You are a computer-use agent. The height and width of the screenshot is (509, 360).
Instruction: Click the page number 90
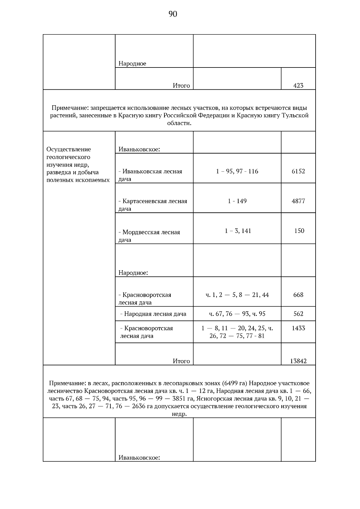tap(173, 14)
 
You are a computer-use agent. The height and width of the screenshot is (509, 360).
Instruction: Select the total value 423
tap(298, 85)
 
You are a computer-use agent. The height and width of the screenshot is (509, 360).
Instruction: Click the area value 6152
tap(298, 171)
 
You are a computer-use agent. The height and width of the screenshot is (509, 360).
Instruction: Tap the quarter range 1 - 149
tap(237, 201)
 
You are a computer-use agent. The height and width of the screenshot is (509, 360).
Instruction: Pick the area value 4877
tap(298, 201)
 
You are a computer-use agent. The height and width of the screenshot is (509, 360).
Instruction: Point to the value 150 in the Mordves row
tap(299, 231)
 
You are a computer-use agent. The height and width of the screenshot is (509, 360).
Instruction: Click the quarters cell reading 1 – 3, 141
tap(238, 231)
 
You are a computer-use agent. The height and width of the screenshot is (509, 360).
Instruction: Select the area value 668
tap(298, 295)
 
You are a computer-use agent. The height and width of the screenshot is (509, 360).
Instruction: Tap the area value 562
tap(298, 314)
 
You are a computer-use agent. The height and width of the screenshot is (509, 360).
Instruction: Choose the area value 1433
tap(298, 328)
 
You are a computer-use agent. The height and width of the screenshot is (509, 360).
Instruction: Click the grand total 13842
tap(298, 361)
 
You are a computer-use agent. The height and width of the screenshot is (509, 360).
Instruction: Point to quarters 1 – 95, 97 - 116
tap(237, 171)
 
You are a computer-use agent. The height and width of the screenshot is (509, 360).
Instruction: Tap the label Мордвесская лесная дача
tap(149, 236)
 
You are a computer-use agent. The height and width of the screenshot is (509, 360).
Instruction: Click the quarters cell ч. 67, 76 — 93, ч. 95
tap(237, 314)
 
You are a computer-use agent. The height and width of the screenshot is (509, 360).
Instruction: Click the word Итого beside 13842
tap(181, 361)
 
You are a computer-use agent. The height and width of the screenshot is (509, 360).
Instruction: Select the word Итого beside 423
tap(181, 85)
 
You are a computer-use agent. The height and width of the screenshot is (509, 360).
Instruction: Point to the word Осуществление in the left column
tap(69, 149)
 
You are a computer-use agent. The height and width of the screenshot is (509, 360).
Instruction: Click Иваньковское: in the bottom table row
tap(139, 458)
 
